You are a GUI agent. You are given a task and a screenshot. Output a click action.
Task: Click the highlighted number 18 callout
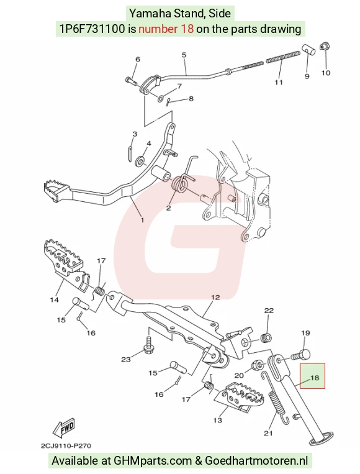(314, 378)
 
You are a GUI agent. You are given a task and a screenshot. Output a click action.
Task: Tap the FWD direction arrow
(64, 428)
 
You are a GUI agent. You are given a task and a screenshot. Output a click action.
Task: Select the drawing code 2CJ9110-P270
(66, 446)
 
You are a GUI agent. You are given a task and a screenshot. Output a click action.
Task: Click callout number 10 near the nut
(326, 73)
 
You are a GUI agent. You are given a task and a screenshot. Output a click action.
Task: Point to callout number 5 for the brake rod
(184, 55)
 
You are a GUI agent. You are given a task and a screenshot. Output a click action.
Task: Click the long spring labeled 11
(283, 57)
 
